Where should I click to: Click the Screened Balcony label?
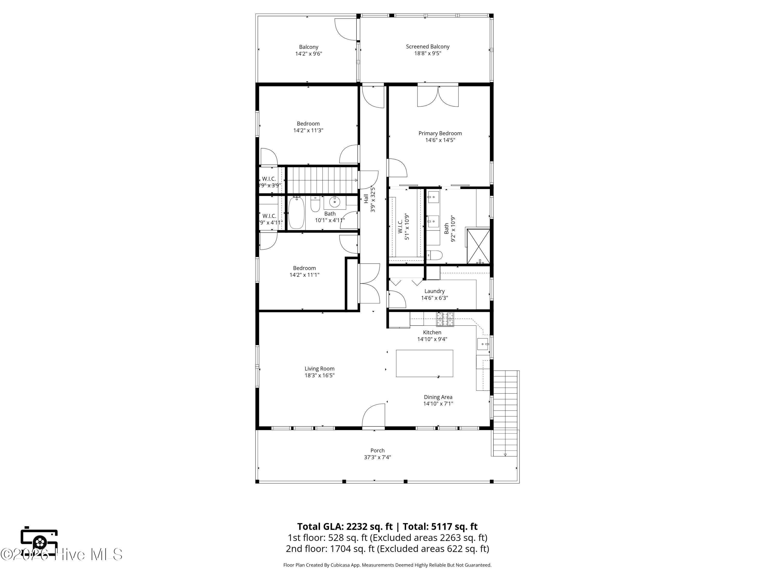(428, 46)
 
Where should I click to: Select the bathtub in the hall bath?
(296, 213)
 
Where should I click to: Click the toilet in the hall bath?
(315, 205)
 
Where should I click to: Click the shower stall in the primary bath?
(479, 246)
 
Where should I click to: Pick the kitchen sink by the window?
(483, 344)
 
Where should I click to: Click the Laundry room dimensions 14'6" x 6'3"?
(435, 298)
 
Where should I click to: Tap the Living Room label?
(320, 369)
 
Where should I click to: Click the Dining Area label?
(438, 397)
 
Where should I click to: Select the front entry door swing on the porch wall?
(374, 416)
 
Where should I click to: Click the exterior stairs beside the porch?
(505, 413)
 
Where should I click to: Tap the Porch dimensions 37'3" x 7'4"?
(377, 457)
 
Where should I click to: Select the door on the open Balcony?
(346, 29)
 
